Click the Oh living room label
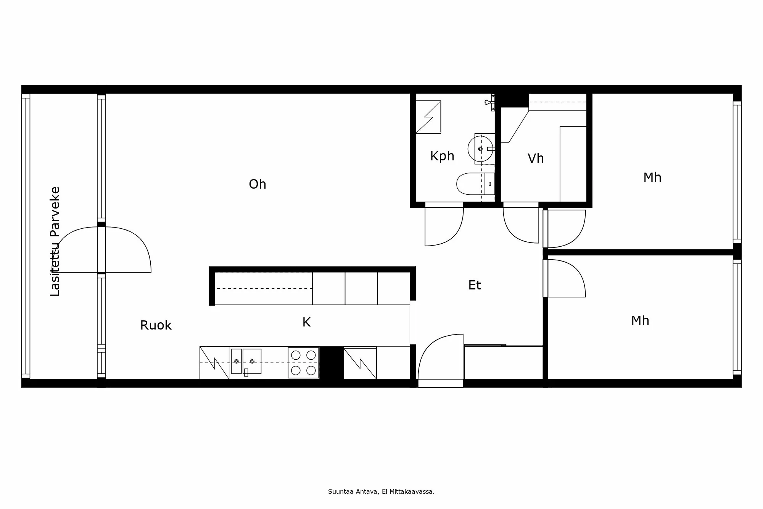click(x=258, y=184)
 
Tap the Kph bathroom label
click(x=442, y=156)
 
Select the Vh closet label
click(x=536, y=158)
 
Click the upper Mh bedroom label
click(x=652, y=178)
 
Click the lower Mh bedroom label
click(x=640, y=321)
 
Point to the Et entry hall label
click(x=475, y=285)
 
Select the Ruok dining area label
click(x=156, y=325)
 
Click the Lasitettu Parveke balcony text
click(x=55, y=241)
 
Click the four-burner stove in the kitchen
click(x=303, y=363)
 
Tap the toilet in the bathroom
click(x=473, y=184)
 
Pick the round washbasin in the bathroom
click(x=480, y=149)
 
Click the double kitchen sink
click(x=246, y=361)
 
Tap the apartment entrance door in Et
click(x=439, y=355)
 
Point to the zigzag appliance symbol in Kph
click(x=428, y=117)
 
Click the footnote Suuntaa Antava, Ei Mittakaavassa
click(x=381, y=492)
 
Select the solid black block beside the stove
click(x=331, y=363)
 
